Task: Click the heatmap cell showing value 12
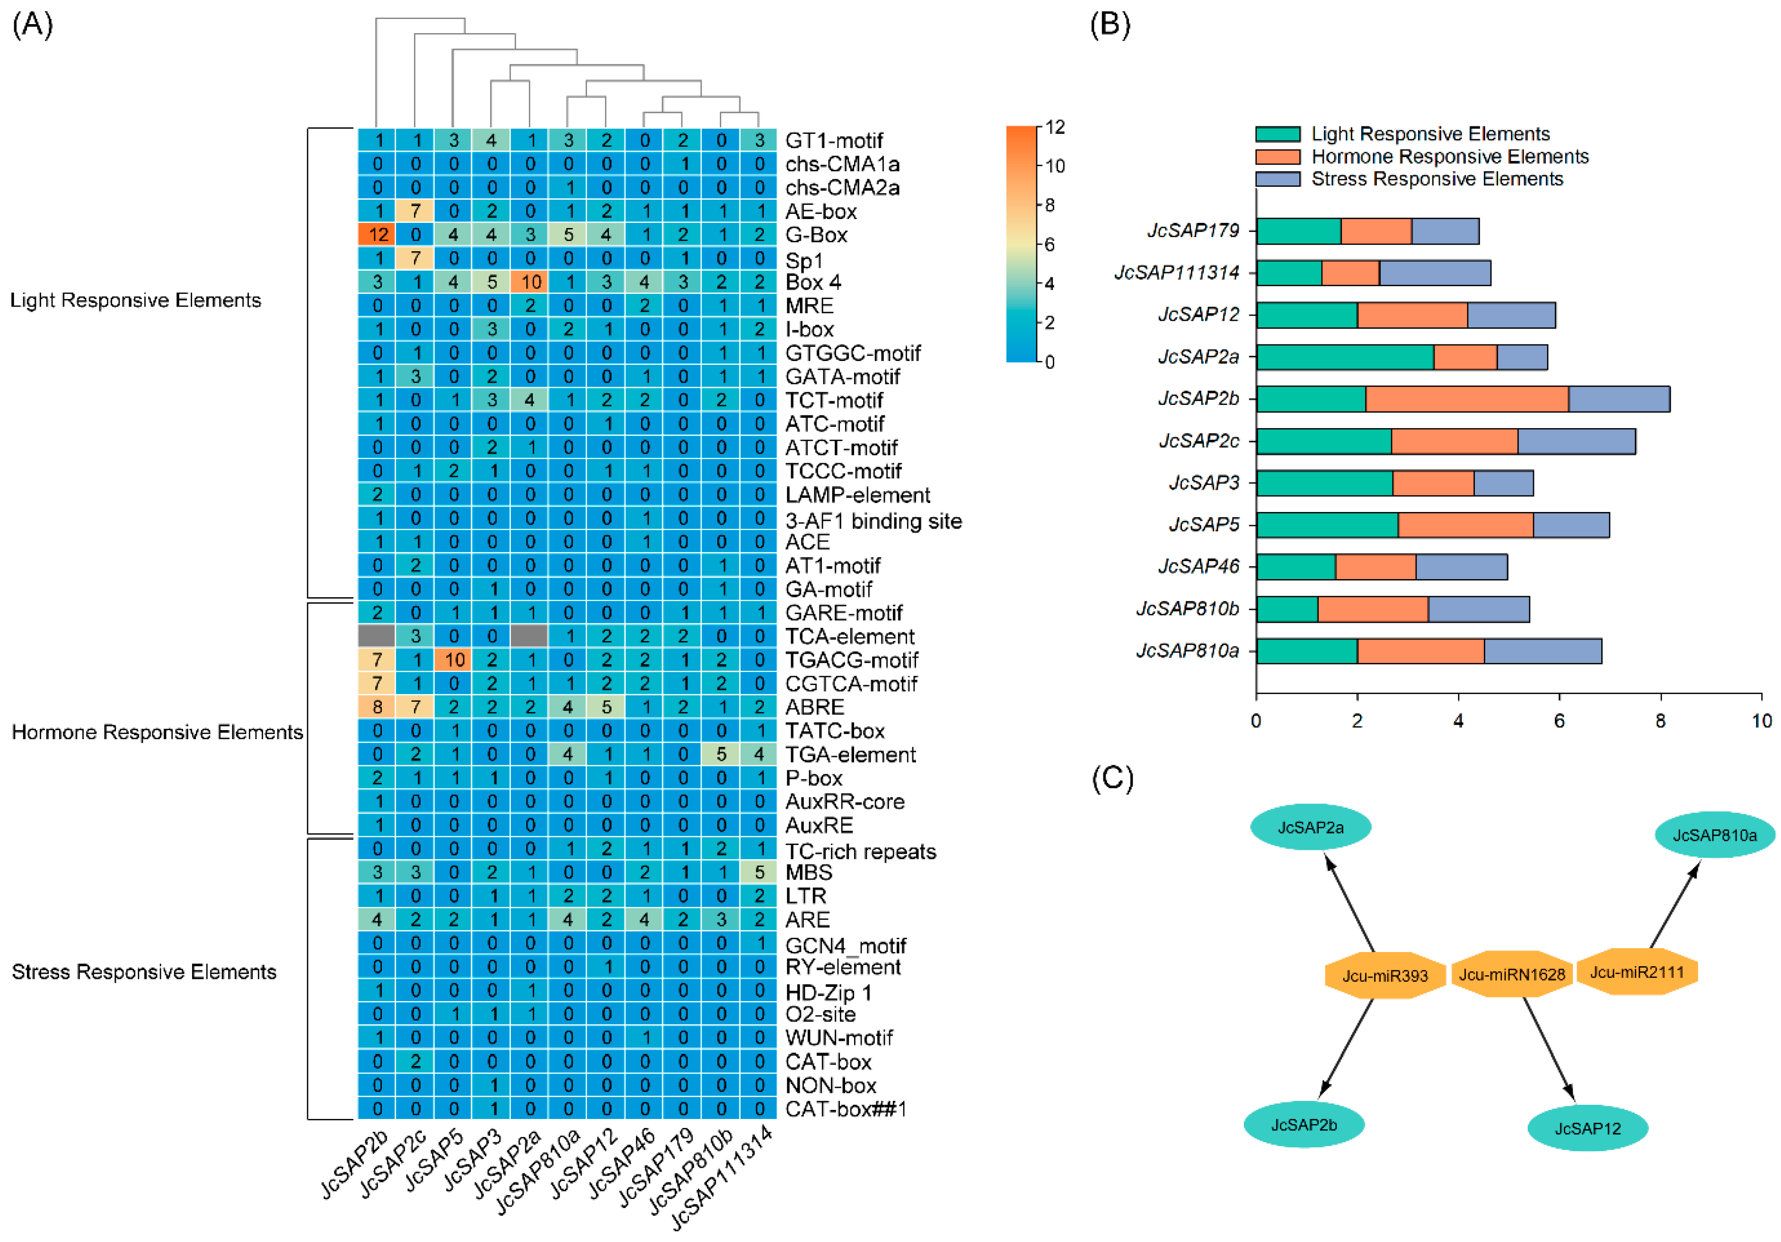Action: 377,234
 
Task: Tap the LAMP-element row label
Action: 857,495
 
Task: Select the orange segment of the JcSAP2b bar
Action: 1466,399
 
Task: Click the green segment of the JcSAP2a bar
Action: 1344,357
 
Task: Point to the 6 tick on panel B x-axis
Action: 1559,720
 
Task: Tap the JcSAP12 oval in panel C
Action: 1587,1128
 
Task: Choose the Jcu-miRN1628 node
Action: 1511,974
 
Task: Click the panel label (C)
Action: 1112,777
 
